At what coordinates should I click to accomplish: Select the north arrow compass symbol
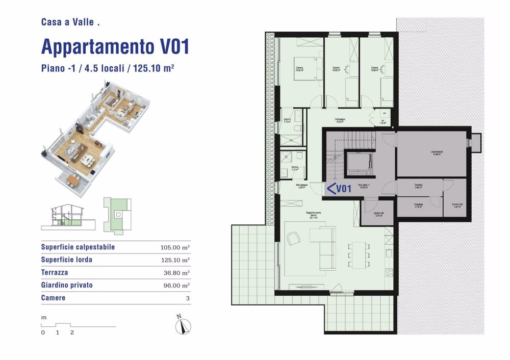point(182,325)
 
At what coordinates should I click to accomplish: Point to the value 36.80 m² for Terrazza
point(175,273)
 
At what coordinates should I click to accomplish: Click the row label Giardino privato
point(67,285)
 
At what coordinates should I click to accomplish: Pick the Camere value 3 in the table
point(188,298)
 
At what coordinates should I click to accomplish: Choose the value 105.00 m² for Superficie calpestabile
point(175,248)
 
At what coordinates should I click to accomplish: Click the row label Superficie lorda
point(67,260)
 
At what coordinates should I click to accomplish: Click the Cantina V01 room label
point(378,214)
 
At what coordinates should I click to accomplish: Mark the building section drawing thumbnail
point(66,215)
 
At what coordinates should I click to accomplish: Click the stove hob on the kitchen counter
point(389,273)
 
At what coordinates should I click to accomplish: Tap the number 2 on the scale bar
point(72,332)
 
